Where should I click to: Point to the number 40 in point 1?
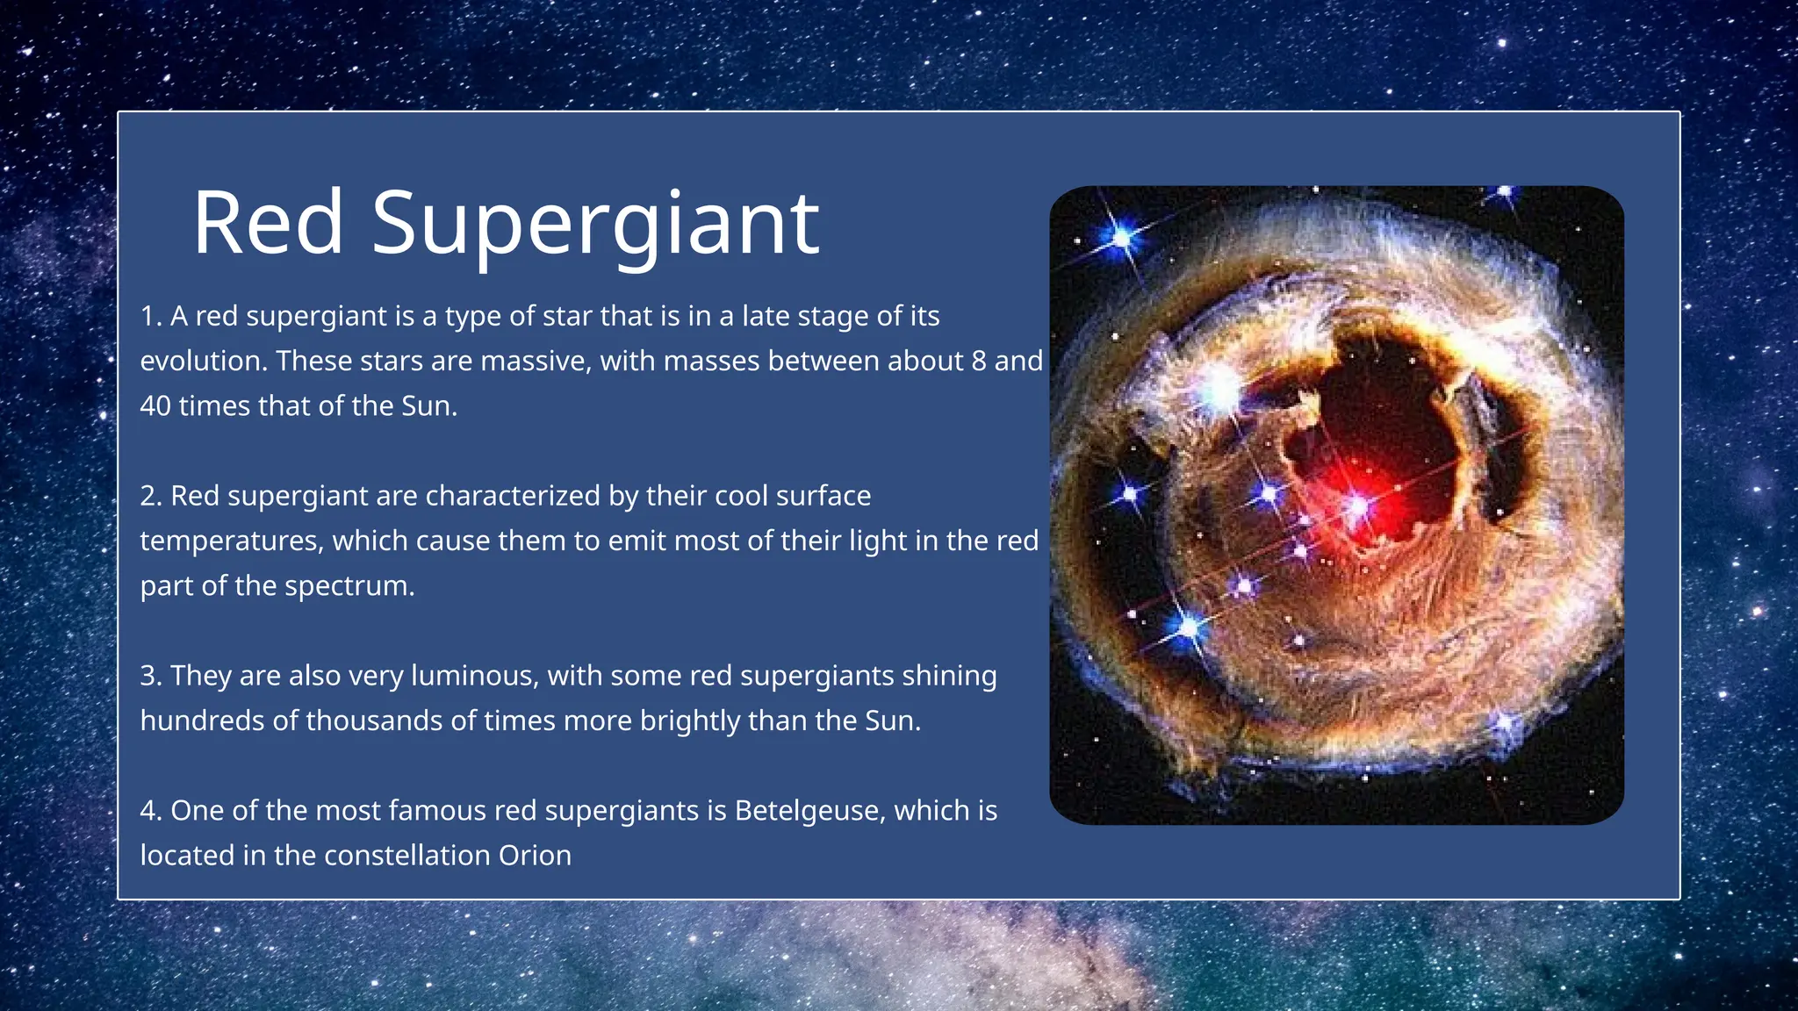point(155,405)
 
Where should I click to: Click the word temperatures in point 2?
point(231,541)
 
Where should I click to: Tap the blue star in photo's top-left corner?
point(1122,237)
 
